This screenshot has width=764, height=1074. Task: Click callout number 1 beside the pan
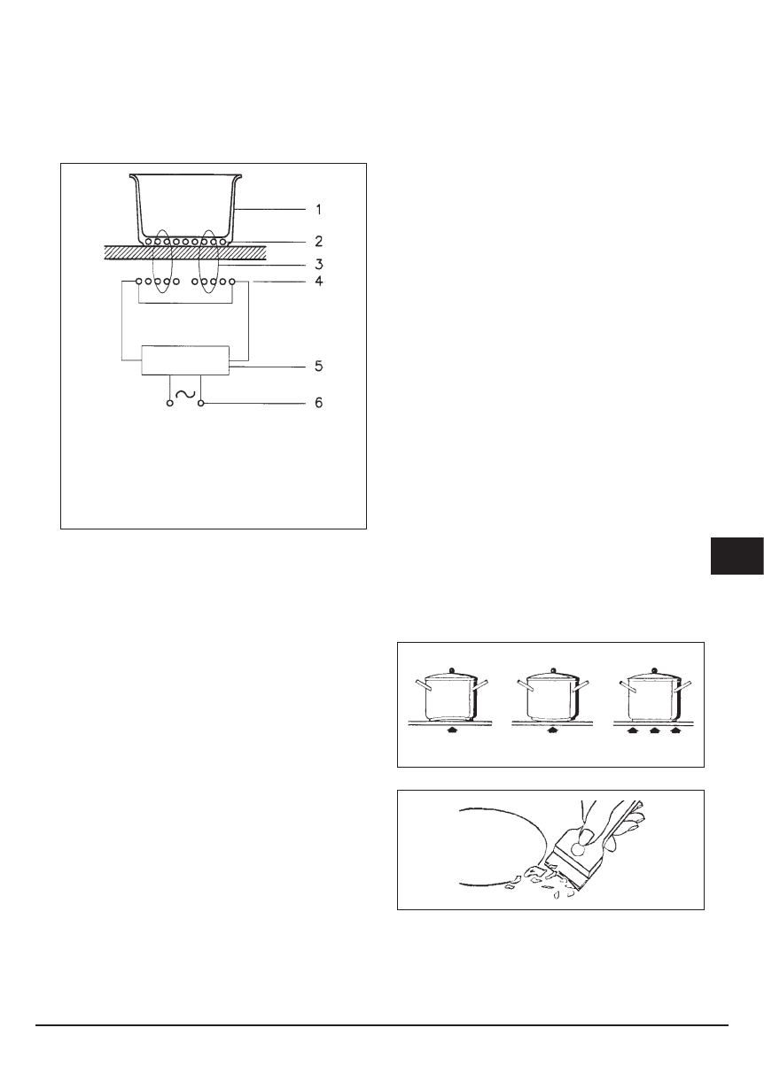pos(319,210)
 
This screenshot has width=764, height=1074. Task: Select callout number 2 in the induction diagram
pos(319,241)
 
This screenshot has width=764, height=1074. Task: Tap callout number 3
pos(319,263)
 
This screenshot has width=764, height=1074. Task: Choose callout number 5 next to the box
pos(319,365)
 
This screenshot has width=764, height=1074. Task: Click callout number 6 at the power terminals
pos(319,404)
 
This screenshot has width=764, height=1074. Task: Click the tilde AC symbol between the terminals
pos(185,396)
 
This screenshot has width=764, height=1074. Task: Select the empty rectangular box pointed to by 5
pos(185,361)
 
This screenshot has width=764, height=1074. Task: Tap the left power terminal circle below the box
pos(169,404)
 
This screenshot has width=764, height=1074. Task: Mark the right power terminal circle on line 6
pos(201,404)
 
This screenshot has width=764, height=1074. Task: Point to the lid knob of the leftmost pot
pos(452,669)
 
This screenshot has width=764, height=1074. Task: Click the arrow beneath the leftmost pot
pos(452,730)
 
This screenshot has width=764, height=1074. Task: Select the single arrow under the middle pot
pos(553,730)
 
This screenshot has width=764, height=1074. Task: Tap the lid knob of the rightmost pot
pos(656,669)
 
